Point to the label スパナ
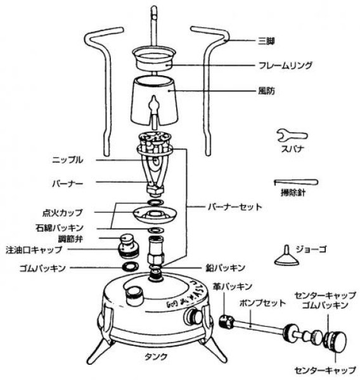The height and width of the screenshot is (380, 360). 291,151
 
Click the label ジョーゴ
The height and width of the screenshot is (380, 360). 314,248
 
